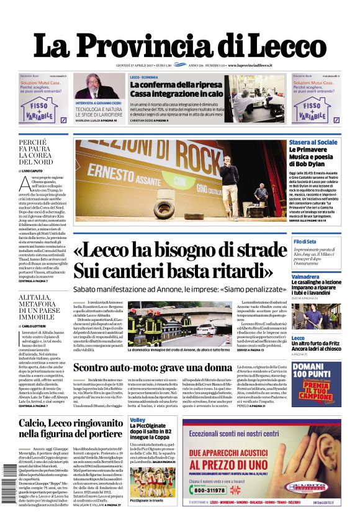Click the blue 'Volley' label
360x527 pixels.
pyautogui.click(x=137, y=421)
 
